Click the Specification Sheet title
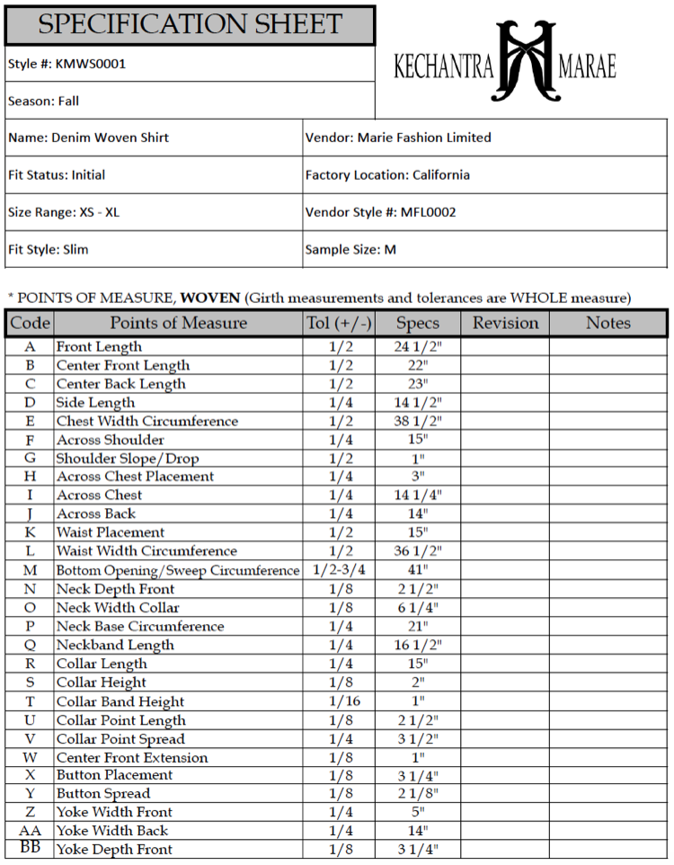190,24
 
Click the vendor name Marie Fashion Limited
424,138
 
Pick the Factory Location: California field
387,174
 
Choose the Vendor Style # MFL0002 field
381,212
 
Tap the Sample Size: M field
350,249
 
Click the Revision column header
505,323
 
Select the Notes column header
608,323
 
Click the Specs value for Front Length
417,346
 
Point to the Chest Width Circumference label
147,421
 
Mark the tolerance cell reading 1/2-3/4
341,570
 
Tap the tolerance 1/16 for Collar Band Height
341,701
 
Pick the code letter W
30,757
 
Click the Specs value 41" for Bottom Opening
417,570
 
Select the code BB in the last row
30,847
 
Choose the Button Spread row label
103,793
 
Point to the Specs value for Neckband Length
417,645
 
